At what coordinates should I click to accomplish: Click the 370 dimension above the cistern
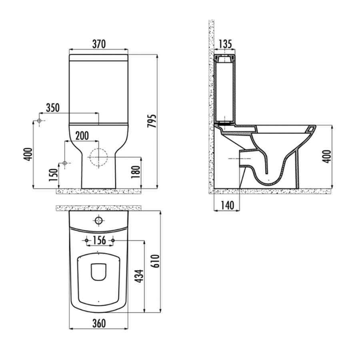99,44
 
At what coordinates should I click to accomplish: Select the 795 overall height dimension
152,121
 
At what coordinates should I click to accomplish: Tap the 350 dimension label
53,108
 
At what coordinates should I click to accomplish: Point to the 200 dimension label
82,136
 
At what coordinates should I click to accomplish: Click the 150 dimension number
53,175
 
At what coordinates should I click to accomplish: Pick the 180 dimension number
136,172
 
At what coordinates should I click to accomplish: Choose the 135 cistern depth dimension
225,44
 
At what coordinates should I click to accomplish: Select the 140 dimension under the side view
227,205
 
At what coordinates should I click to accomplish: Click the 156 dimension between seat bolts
100,240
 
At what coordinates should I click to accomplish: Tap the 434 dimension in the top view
139,276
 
